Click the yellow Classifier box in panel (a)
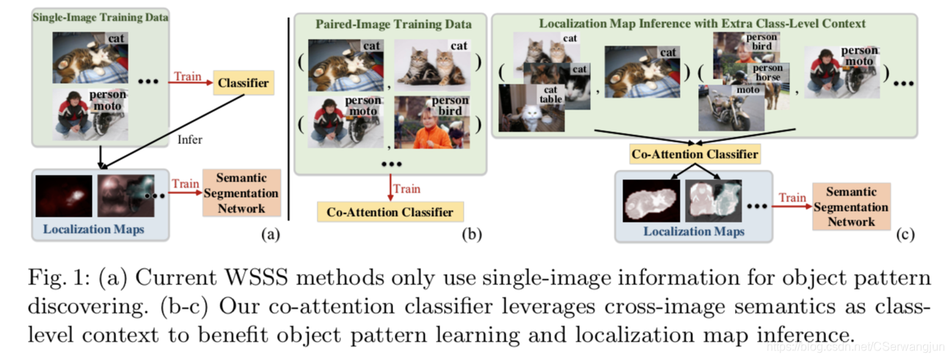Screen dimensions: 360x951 [x=243, y=83]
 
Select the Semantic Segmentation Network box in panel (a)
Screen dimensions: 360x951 [x=241, y=193]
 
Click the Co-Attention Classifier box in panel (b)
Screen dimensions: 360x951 [x=390, y=212]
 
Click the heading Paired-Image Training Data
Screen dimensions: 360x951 [x=390, y=24]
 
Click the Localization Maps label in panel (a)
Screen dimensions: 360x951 [x=93, y=229]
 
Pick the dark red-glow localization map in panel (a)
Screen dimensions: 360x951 [x=63, y=196]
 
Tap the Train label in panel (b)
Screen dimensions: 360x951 [x=406, y=189]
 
